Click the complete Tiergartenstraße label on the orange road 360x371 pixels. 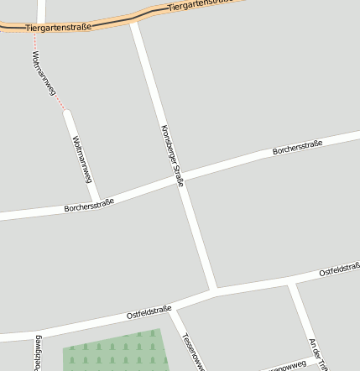point(58,28)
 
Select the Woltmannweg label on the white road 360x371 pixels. point(81,159)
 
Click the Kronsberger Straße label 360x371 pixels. point(170,155)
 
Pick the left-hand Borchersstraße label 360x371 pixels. point(88,205)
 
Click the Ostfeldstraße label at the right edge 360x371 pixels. point(339,270)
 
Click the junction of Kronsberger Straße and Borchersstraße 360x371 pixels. point(181,179)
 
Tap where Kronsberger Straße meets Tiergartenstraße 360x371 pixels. point(134,20)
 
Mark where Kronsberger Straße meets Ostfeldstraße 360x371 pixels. point(215,292)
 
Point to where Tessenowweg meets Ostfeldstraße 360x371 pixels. point(173,309)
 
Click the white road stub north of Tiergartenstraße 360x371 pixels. point(41,10)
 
